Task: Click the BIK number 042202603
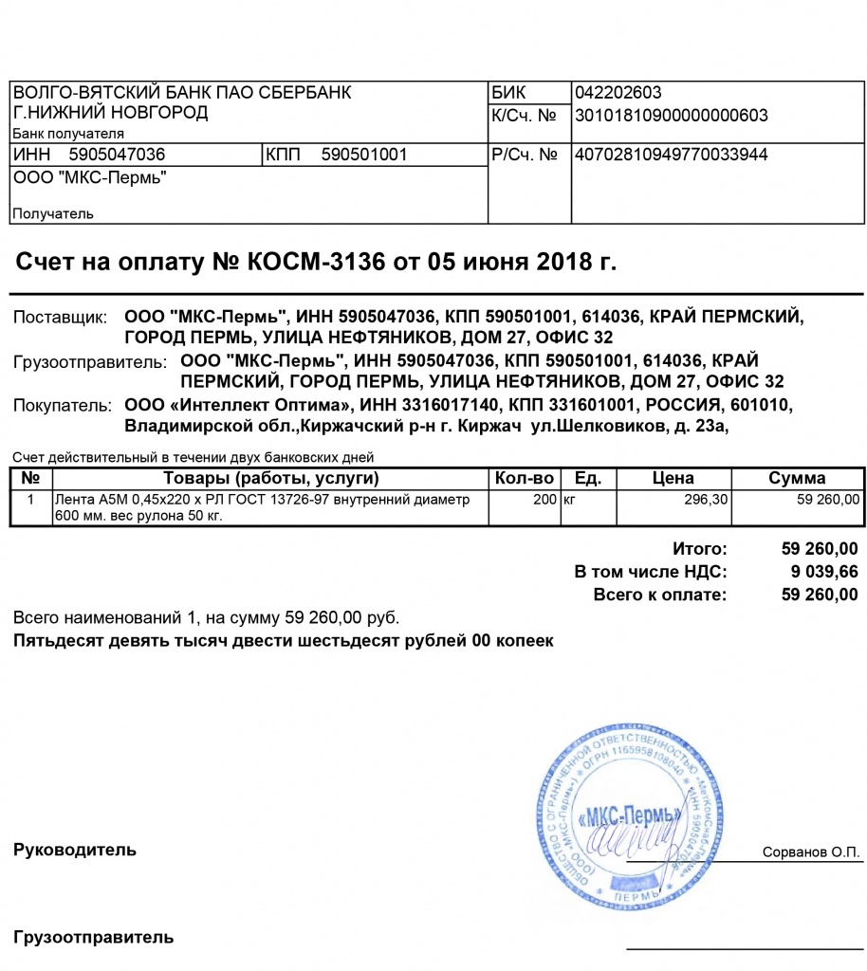point(618,93)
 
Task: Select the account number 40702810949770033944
point(672,155)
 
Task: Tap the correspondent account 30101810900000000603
point(672,116)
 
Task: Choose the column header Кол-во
point(524,478)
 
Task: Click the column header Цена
point(673,478)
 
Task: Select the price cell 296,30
point(704,499)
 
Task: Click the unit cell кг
point(570,499)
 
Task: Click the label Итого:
point(700,549)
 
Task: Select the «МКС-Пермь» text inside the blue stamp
point(630,815)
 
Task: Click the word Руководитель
point(75,850)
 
